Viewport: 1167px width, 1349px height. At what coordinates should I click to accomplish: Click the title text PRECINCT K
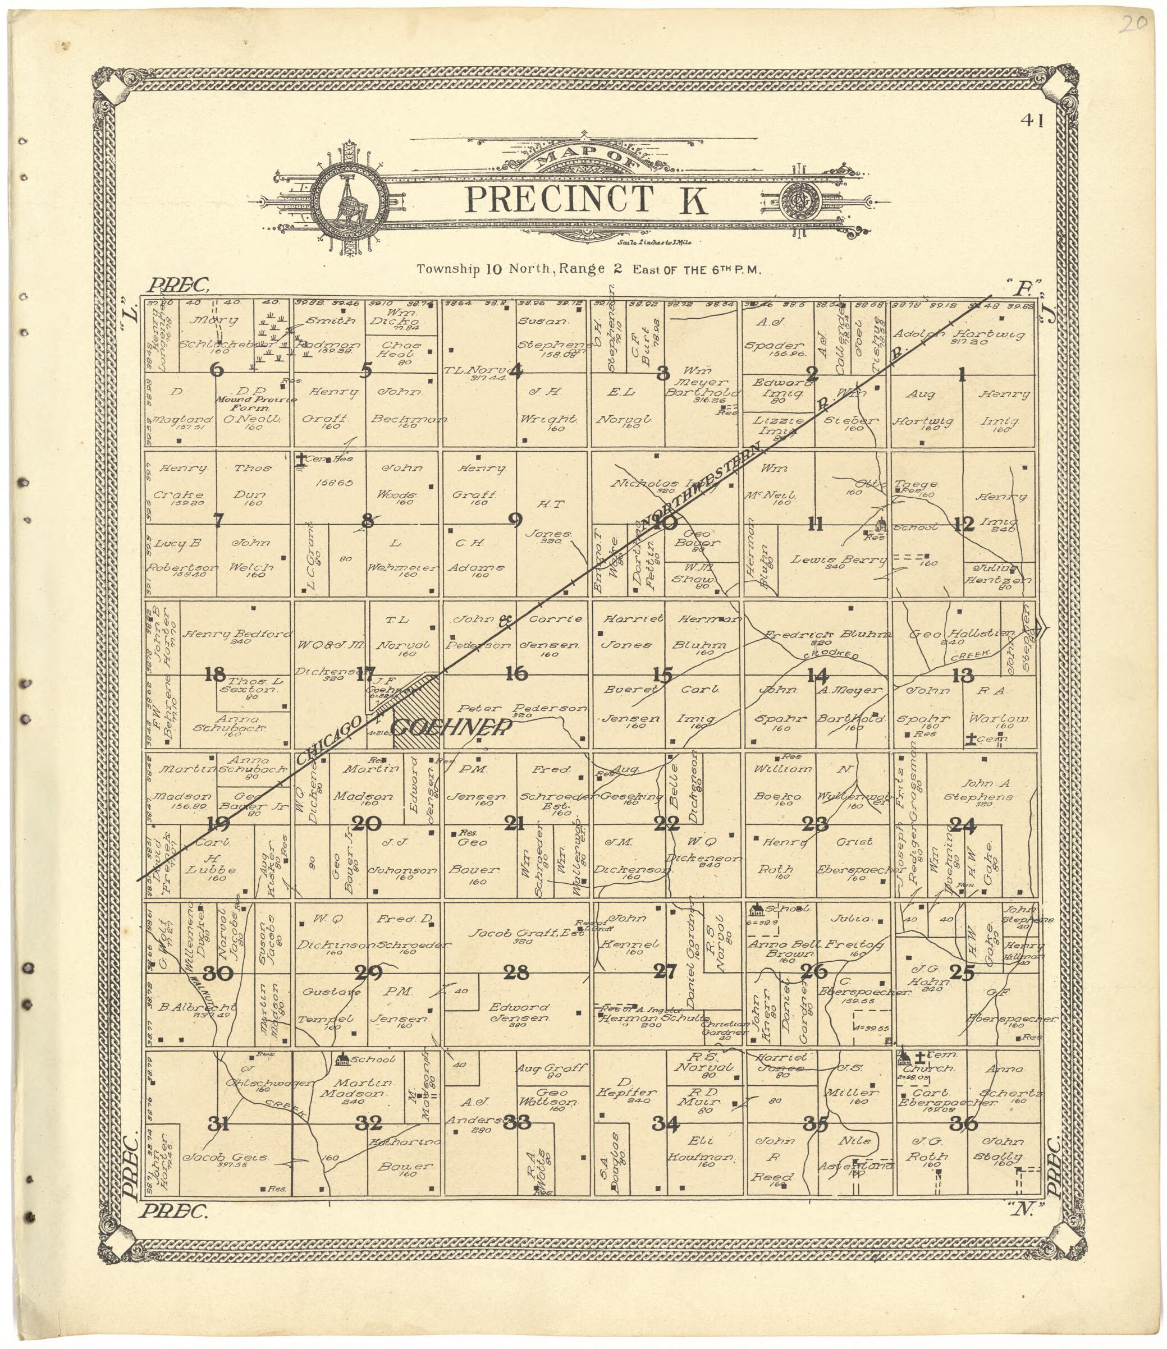[587, 200]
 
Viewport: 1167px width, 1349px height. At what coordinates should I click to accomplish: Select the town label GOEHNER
[450, 727]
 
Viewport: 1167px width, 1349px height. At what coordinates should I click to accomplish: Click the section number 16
[516, 673]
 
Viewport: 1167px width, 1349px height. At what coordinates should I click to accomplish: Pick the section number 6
[217, 370]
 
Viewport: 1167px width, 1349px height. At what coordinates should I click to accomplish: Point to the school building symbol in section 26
[757, 910]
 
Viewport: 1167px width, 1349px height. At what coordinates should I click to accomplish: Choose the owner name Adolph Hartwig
[959, 334]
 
